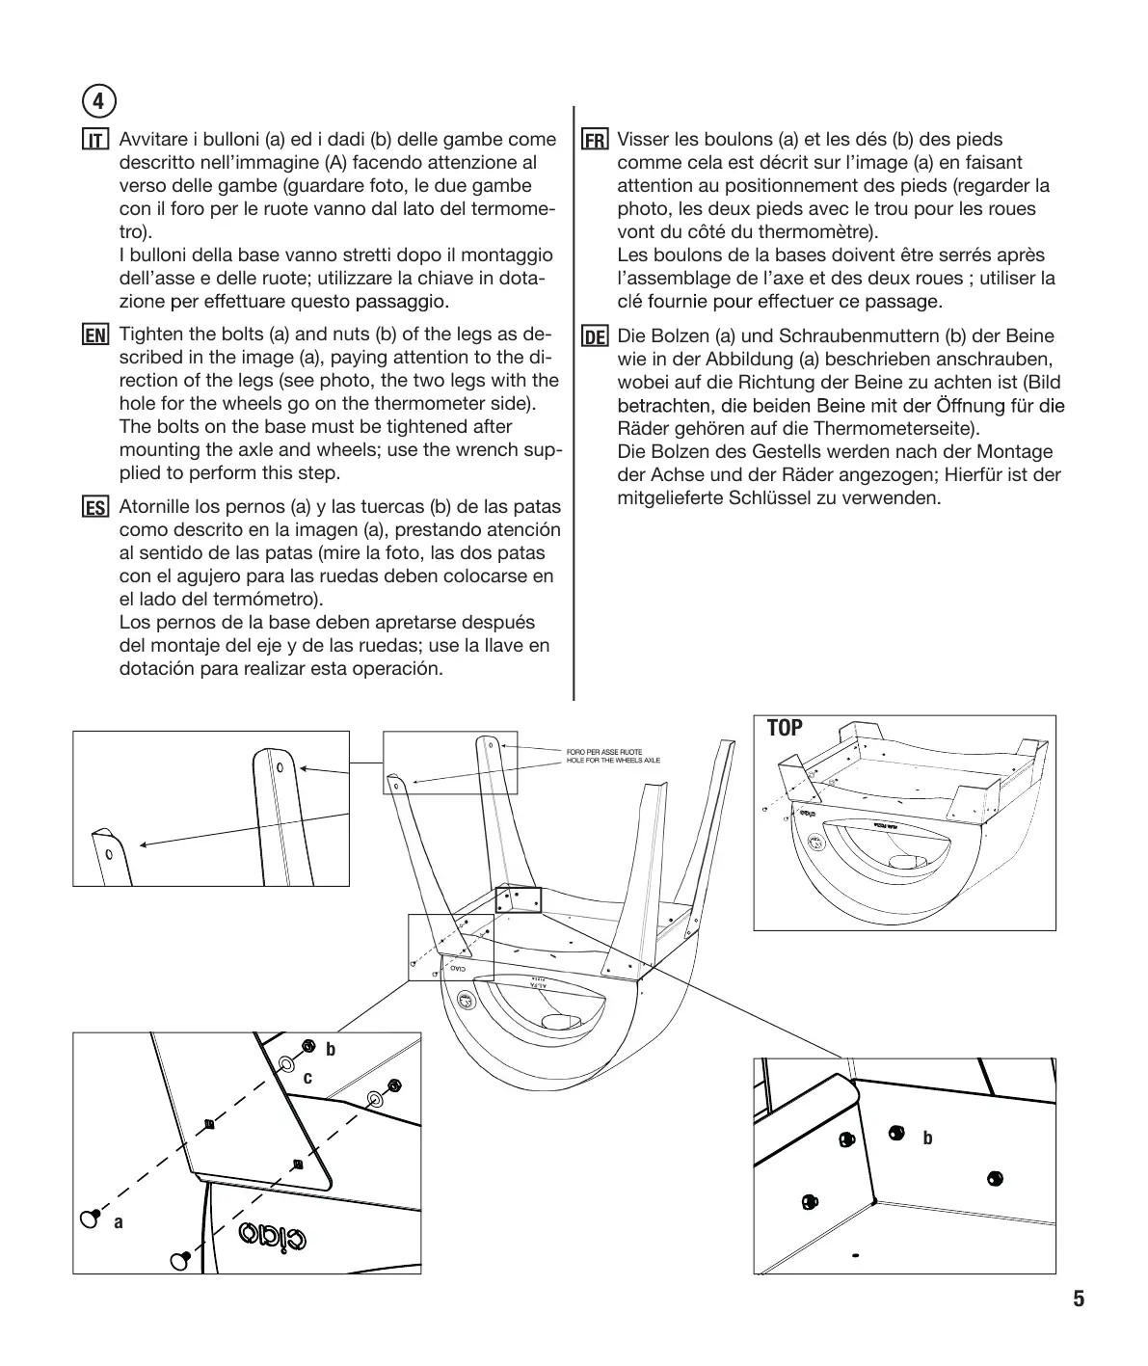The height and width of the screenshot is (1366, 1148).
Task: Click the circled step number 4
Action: coord(99,99)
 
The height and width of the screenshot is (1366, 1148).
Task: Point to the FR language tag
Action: coord(595,141)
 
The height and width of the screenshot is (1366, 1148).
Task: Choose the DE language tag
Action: coord(595,337)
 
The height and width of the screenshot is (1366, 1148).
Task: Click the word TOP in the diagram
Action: coord(785,729)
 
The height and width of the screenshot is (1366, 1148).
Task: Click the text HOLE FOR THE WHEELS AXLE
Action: coord(613,761)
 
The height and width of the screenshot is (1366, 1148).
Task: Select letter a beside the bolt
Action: coord(119,1222)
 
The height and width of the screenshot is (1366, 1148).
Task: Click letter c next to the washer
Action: coord(308,1078)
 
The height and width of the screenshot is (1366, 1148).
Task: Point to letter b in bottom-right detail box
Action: coord(927,1138)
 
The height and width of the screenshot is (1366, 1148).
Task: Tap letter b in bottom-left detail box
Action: coord(331,1049)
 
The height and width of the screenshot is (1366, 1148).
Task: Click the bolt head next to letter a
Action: coord(92,1219)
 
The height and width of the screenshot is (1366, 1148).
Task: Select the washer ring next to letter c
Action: coord(287,1065)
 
